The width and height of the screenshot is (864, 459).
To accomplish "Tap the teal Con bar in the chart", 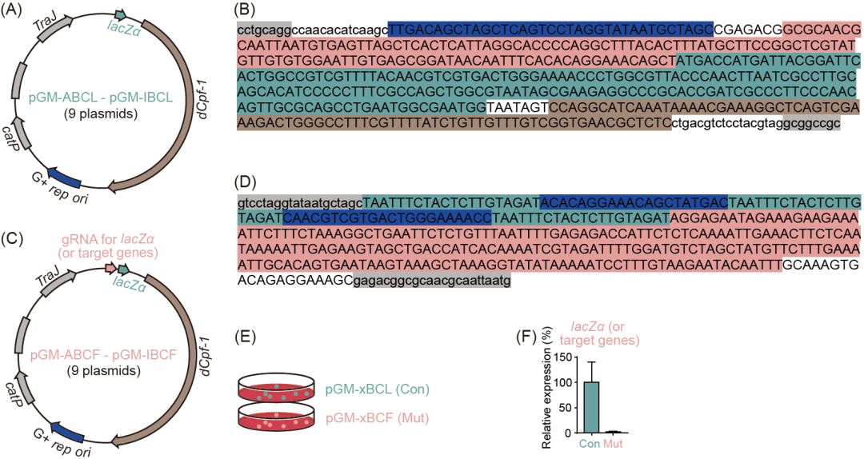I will [592, 407].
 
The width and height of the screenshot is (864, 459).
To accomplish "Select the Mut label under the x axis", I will [614, 442].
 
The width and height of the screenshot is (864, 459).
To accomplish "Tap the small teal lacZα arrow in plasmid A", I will [121, 14].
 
